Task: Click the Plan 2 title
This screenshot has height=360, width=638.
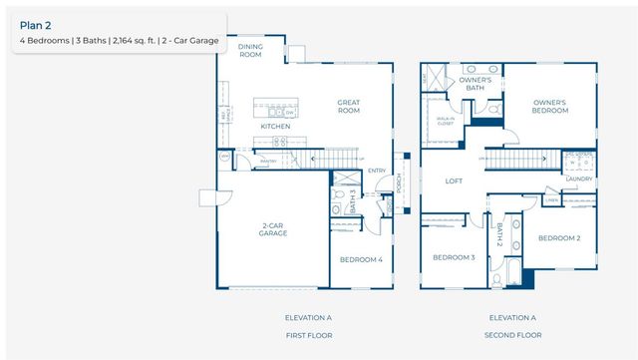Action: point(36,25)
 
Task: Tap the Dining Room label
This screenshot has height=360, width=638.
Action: point(250,50)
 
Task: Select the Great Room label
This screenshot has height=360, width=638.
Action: point(348,106)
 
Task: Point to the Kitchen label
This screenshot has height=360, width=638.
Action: point(275,127)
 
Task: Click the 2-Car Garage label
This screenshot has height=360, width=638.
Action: point(274,228)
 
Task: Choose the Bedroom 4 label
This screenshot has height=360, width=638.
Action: point(360,259)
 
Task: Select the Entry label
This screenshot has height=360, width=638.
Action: point(376,171)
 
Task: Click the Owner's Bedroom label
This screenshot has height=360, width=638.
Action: point(549,106)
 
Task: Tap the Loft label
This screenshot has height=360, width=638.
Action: point(454,181)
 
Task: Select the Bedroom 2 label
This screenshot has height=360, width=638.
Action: point(559,238)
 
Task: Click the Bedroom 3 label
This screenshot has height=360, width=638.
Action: point(453,257)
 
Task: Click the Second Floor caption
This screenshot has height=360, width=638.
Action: point(512,335)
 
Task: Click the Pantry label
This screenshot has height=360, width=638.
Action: point(268,161)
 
